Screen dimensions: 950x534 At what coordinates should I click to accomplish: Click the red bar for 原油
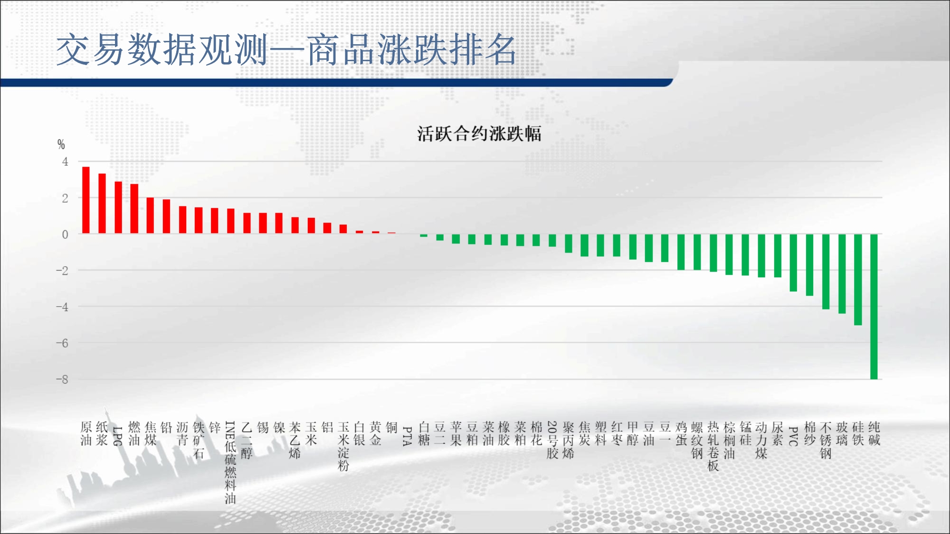coord(86,200)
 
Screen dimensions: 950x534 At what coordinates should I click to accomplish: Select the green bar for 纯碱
coord(874,307)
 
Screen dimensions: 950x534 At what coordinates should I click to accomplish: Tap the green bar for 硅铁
coord(858,280)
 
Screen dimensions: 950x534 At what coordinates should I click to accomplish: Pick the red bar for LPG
coord(118,207)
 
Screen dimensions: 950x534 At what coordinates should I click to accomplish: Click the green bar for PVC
coord(793,262)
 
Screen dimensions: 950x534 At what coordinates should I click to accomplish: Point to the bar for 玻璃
coord(842,274)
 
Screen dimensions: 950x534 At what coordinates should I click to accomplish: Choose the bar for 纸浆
coord(102,204)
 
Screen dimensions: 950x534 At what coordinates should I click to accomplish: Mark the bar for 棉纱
coord(809,265)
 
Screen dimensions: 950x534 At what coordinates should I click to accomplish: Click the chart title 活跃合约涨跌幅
coord(479,134)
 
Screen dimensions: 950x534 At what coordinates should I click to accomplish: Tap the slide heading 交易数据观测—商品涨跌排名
coord(286,49)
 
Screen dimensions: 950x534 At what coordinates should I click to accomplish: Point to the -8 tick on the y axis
coord(62,379)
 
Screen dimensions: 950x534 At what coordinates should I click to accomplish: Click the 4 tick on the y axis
coord(65,162)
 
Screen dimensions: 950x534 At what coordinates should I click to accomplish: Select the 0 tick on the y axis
coord(65,234)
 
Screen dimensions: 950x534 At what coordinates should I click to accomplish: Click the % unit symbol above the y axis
coord(61,144)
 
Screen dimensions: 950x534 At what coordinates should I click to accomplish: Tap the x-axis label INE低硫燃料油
coord(230,462)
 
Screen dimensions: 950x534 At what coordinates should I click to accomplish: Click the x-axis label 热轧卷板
coord(713,446)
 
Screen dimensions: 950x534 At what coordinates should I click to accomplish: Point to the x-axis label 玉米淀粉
coord(343,446)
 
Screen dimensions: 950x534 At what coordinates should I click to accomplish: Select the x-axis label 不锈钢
coord(826,440)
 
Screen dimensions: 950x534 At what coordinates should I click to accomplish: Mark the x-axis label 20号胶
coord(552,440)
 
